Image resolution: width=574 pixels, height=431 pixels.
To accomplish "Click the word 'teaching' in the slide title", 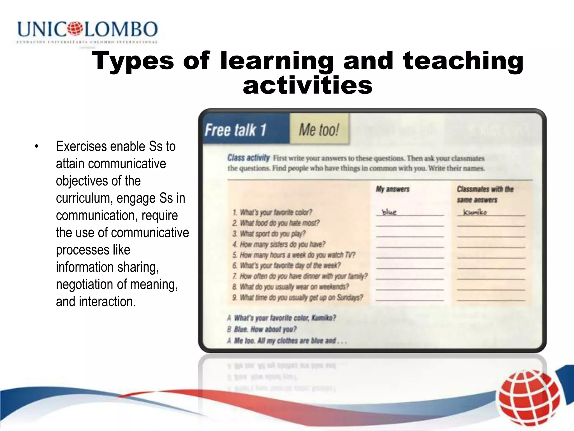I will [x=463, y=61].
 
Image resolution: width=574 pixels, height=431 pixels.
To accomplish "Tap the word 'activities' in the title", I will [x=308, y=85].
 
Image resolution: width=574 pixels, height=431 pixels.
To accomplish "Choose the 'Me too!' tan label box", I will [x=319, y=130].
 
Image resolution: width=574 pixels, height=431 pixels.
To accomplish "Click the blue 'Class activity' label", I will [x=248, y=158].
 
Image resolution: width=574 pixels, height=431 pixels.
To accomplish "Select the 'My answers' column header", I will [x=392, y=189].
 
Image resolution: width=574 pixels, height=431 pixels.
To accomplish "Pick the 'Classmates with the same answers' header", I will [x=485, y=194].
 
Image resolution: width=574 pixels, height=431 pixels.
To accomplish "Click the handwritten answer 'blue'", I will [x=390, y=212].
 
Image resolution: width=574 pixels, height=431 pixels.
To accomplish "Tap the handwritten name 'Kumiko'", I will [x=475, y=212].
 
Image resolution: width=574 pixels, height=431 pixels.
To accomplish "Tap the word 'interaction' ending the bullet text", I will [x=107, y=302].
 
